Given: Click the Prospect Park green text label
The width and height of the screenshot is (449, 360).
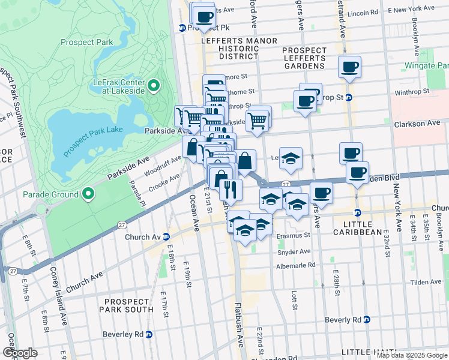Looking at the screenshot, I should point(86,43).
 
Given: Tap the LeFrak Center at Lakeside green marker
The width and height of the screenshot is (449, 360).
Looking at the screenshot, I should point(153,86).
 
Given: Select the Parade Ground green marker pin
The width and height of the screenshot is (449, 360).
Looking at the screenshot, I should point(88,194).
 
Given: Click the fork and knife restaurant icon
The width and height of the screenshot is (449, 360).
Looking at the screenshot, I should point(231,190).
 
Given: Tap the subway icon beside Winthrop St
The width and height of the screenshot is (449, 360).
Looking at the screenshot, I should point(349,97).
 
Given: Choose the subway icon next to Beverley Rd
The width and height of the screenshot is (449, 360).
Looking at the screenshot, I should point(149,334).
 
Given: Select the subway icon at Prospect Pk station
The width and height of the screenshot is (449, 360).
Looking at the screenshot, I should point(182,28).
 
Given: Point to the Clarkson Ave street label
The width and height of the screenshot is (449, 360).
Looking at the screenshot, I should point(417,123).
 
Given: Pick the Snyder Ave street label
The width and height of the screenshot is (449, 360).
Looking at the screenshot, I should point(294,251).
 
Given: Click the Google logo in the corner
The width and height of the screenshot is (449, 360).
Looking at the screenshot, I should point(20,353).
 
